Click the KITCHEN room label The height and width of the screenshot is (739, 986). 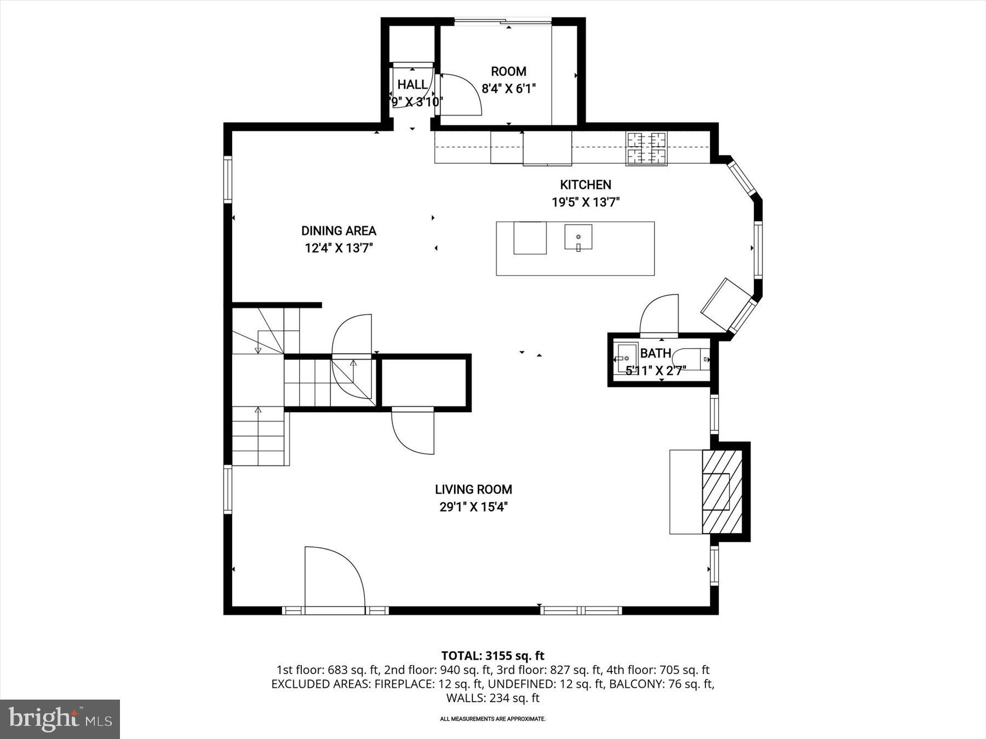[x=585, y=185]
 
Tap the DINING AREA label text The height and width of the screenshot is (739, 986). [x=339, y=231]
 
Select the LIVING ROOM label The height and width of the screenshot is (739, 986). [x=473, y=489]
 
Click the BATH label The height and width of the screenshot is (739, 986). [x=655, y=354]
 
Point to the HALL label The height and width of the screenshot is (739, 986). [x=412, y=85]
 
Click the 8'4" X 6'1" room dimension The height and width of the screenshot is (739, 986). [x=508, y=89]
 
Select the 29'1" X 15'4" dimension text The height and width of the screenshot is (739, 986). [x=473, y=507]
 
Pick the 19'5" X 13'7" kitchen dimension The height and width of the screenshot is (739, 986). [x=585, y=203]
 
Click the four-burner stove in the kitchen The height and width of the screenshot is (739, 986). [x=647, y=148]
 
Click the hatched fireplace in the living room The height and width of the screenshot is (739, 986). [x=722, y=491]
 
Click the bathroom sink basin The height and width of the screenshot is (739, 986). [x=626, y=358]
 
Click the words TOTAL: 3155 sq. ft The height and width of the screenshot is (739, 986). [x=492, y=655]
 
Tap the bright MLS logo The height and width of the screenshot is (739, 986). [x=60, y=719]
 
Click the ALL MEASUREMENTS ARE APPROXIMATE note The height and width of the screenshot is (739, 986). [x=492, y=719]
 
